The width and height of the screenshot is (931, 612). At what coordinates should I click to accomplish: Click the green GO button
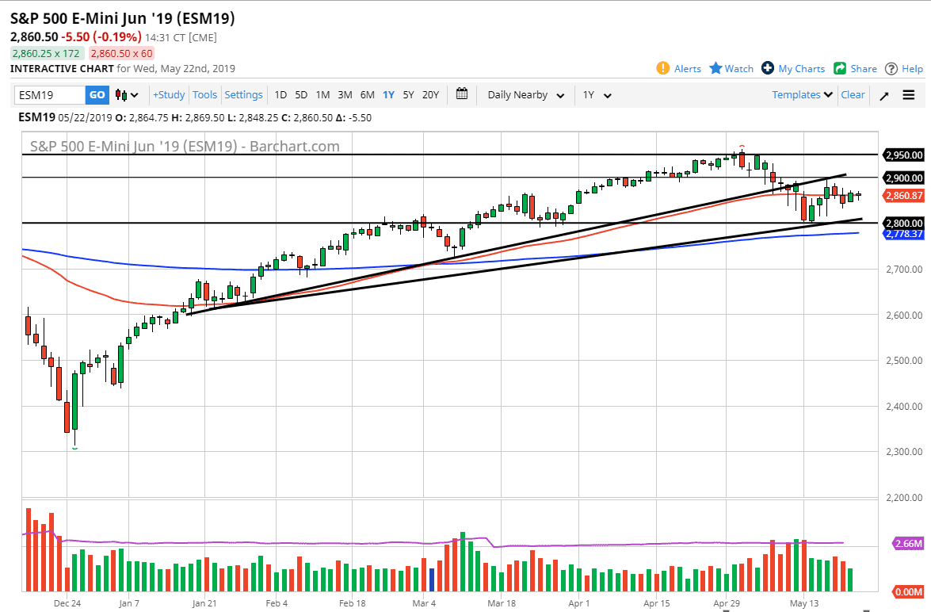tap(97, 95)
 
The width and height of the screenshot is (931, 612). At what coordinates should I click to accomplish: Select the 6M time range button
tap(367, 95)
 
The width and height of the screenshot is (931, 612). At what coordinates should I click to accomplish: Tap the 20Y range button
tap(430, 95)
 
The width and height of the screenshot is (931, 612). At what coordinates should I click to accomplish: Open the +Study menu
tap(169, 95)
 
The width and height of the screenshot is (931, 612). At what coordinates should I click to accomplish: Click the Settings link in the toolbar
tap(243, 95)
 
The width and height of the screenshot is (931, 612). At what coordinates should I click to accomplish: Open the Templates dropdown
tap(803, 95)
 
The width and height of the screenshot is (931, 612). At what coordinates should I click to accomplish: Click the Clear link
tap(853, 95)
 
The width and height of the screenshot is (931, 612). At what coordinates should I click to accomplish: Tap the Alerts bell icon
tap(663, 68)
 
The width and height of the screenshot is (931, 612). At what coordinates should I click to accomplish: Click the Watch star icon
tap(715, 68)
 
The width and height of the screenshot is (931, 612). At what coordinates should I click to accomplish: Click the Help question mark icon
tap(891, 68)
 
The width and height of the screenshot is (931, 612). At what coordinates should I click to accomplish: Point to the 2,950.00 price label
tap(904, 155)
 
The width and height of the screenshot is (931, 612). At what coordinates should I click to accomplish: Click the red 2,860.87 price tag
tap(904, 195)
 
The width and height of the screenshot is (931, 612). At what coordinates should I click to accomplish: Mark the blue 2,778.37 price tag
tap(904, 234)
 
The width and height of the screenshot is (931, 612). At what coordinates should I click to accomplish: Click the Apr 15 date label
tap(657, 602)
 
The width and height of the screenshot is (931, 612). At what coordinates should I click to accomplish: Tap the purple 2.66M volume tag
tap(906, 544)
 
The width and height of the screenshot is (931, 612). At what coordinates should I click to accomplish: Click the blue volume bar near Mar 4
tap(432, 579)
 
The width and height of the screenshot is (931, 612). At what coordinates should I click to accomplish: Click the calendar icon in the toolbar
tap(462, 94)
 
